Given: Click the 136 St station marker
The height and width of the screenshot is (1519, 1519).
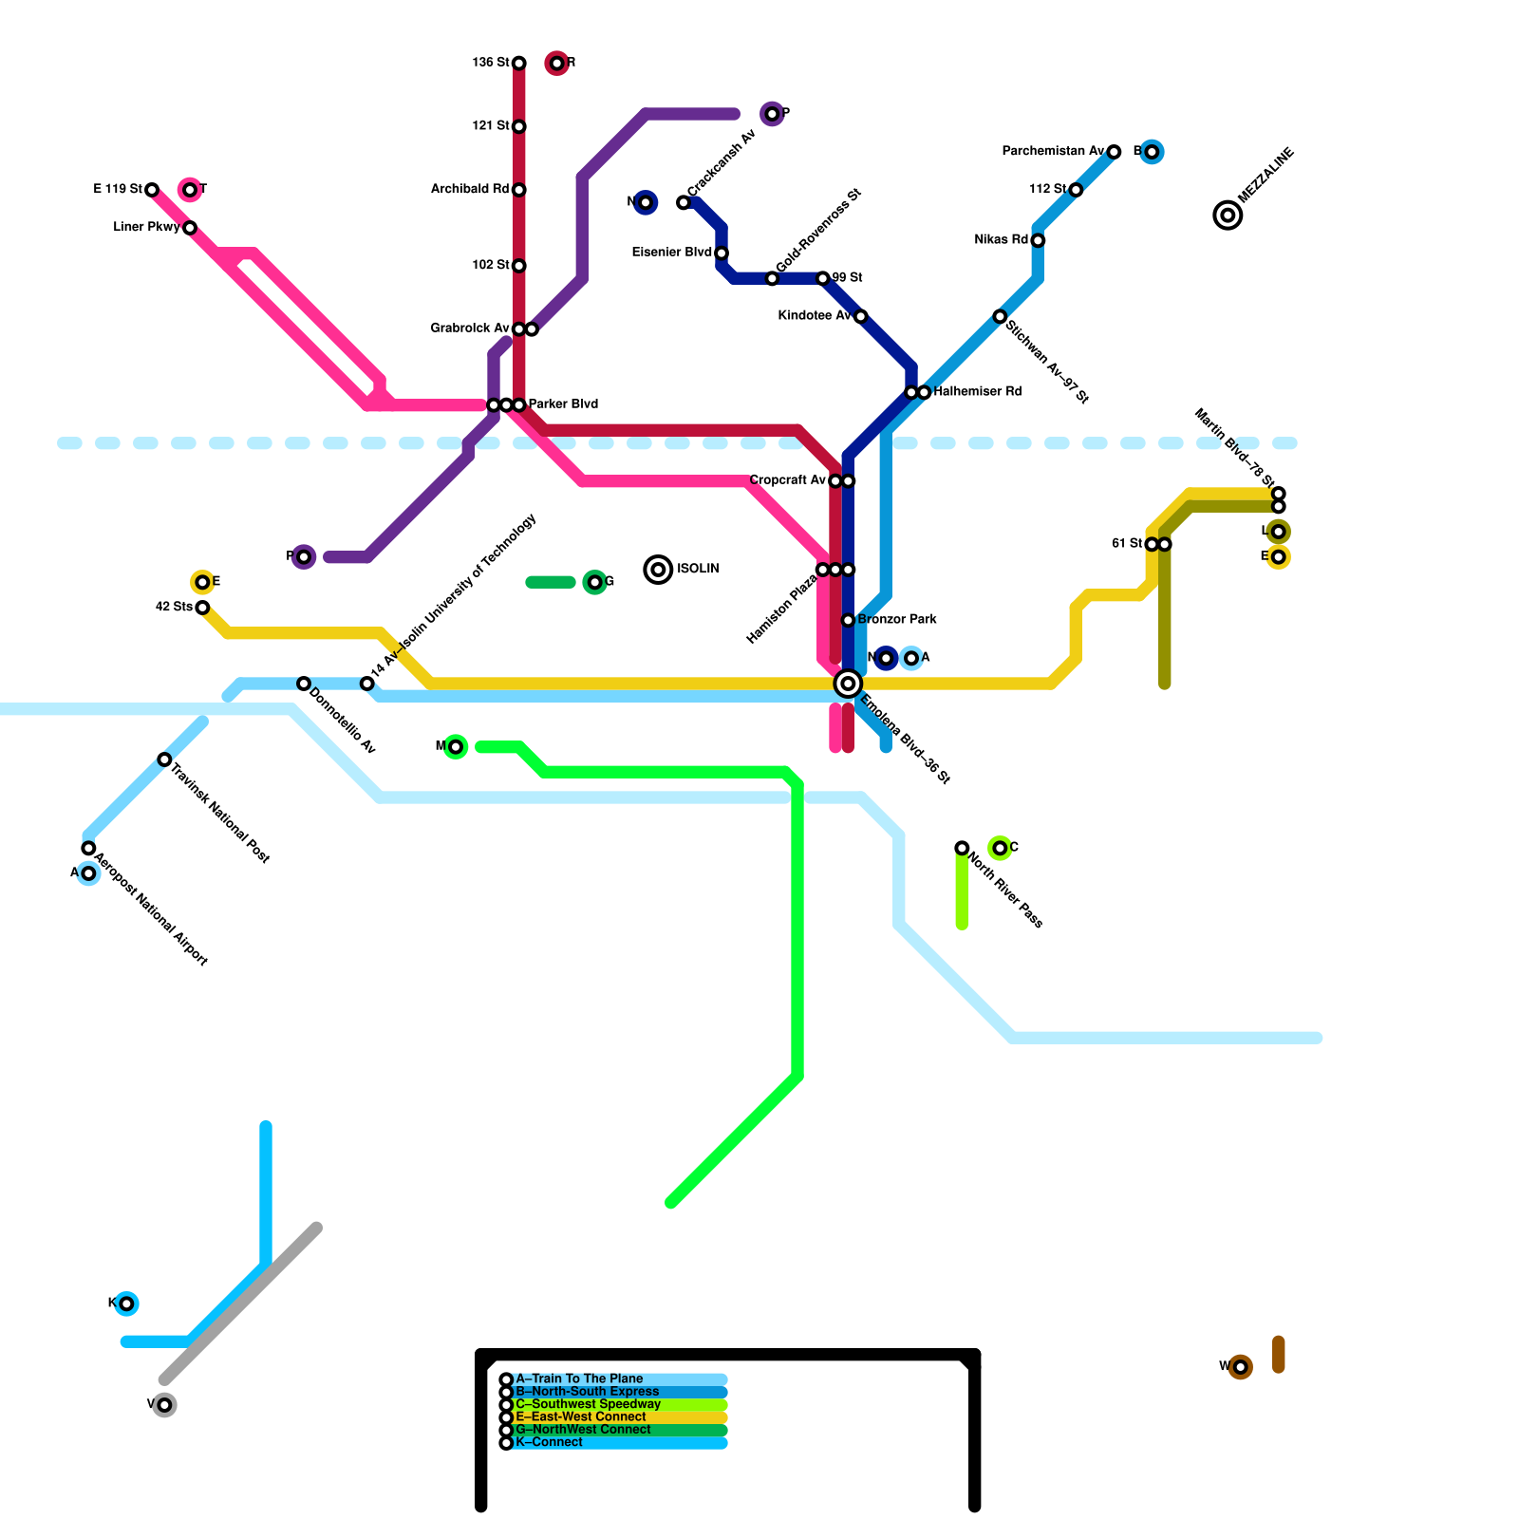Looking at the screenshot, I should pyautogui.click(x=519, y=64).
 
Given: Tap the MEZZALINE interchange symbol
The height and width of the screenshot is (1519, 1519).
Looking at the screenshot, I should pyautogui.click(x=1228, y=216).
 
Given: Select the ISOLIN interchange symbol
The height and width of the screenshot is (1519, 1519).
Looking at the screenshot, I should pyautogui.click(x=658, y=570).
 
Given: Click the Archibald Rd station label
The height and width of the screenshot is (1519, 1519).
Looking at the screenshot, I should pyautogui.click(x=470, y=190).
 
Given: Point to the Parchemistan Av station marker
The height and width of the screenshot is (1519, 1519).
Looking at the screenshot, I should pyautogui.click(x=1114, y=152).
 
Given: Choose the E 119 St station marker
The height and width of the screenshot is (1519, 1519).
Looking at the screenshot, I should pyautogui.click(x=152, y=190).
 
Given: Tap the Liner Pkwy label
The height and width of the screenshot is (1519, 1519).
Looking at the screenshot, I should pyautogui.click(x=146, y=228).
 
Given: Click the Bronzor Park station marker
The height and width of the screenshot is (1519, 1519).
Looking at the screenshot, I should pyautogui.click(x=849, y=620).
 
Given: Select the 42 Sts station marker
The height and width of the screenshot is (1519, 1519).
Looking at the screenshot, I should pyautogui.click(x=202, y=608).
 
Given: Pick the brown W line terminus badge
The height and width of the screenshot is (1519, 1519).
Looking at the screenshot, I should pyautogui.click(x=1240, y=1367).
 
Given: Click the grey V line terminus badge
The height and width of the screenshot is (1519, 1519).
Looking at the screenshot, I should pyautogui.click(x=164, y=1405).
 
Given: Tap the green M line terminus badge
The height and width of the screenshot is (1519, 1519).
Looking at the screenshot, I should pyautogui.click(x=456, y=747).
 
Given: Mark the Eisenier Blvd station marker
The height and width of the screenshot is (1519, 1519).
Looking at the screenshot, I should pyautogui.click(x=722, y=253).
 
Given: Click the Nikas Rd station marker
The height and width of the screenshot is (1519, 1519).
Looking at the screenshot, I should pyautogui.click(x=1038, y=240).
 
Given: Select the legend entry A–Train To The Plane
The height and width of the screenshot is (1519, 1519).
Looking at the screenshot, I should pyautogui.click(x=579, y=1379).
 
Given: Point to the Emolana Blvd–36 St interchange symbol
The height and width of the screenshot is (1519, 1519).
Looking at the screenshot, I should pyautogui.click(x=848, y=684).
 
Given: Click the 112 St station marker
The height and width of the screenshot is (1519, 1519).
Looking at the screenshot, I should pyautogui.click(x=1076, y=190).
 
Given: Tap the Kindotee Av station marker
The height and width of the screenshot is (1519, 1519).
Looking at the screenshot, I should pyautogui.click(x=860, y=316).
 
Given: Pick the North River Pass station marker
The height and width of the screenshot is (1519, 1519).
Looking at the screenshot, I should pyautogui.click(x=962, y=848).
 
